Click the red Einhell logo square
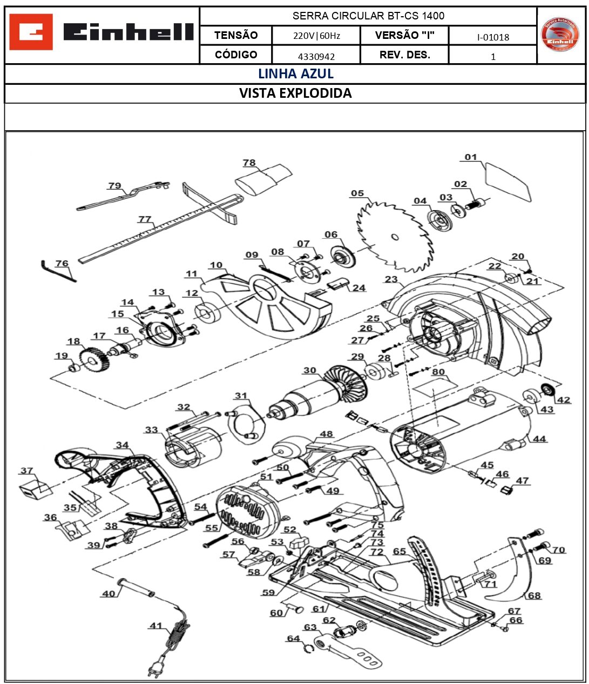[31, 32]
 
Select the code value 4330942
[316, 56]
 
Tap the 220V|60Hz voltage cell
[316, 36]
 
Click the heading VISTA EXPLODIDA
[295, 93]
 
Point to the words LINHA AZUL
[295, 74]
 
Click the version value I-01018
[492, 37]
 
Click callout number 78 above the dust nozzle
[249, 163]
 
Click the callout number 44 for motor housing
[539, 439]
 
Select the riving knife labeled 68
[510, 573]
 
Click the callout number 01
[471, 157]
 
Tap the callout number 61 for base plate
[319, 609]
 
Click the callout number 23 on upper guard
[391, 279]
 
